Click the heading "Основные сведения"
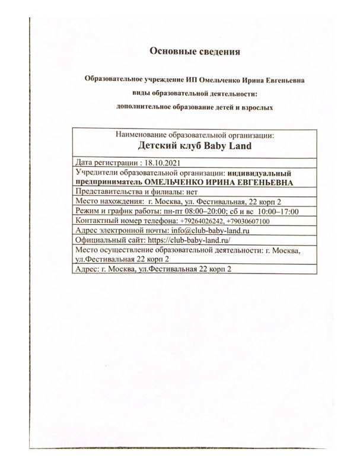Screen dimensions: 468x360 195,52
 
